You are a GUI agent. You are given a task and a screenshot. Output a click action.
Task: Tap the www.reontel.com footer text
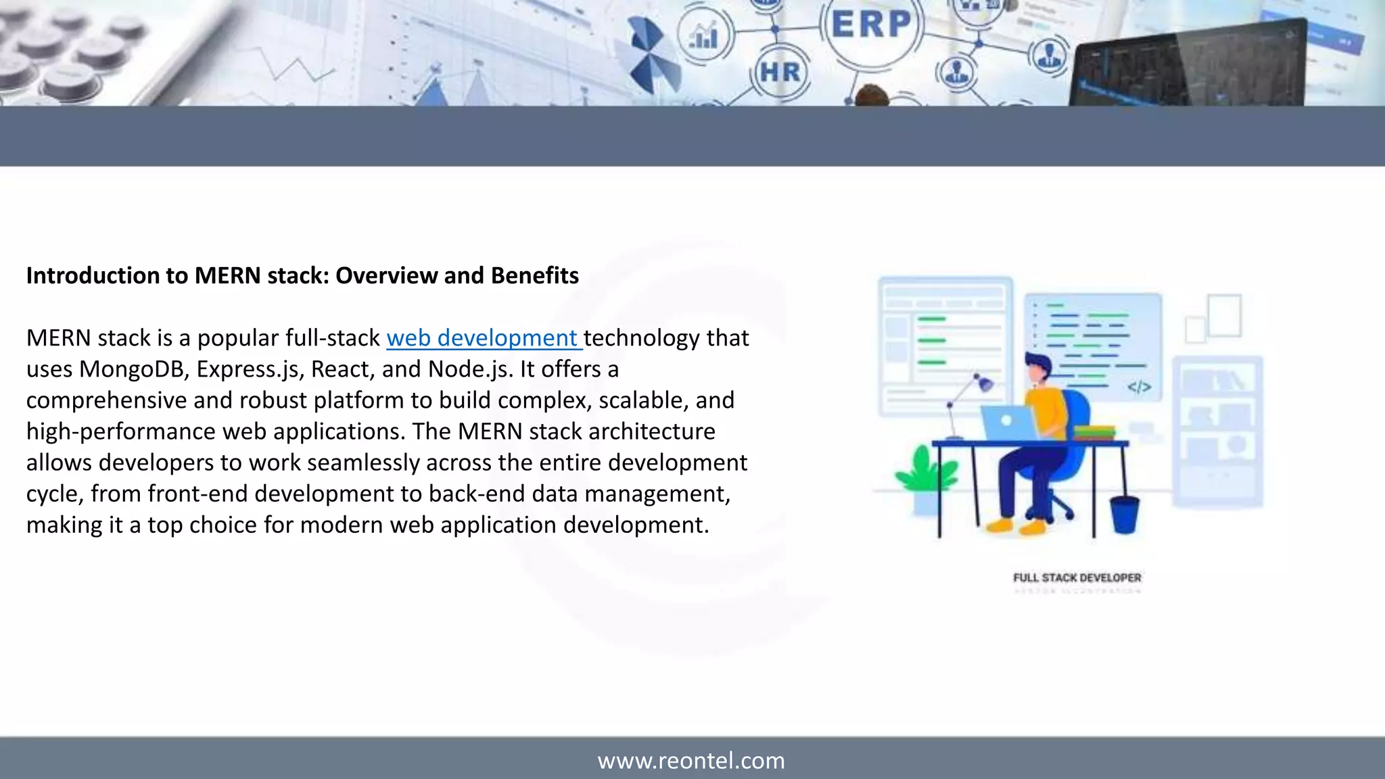pos(691,761)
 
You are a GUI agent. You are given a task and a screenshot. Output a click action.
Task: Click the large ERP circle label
pos(871,25)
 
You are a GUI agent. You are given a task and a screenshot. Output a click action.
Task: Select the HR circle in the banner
pos(780,72)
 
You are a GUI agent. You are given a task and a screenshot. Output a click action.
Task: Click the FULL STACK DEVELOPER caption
pos(1077,577)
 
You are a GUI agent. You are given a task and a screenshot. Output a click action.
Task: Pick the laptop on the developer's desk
pos(1008,423)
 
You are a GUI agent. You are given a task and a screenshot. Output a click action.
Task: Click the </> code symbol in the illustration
pos(1139,387)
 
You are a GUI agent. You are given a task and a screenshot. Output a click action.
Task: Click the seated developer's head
pos(1037,369)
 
